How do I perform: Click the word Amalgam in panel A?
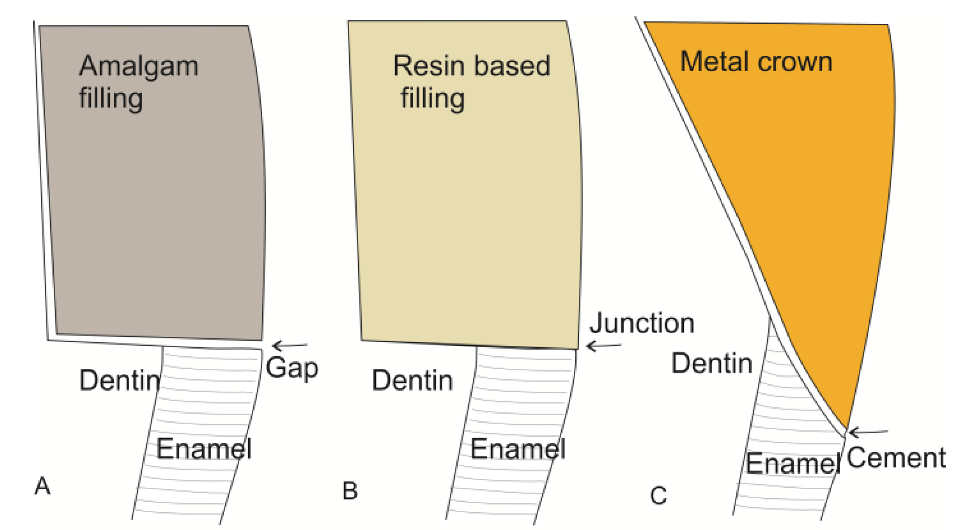pos(139,67)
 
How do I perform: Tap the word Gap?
pos(292,368)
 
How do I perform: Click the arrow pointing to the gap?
pos(290,346)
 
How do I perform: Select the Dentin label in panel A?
pos(120,380)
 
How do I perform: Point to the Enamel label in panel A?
pos(204,448)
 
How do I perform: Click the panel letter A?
pos(42,486)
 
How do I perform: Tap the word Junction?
pos(642,323)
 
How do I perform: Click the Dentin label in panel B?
pos(412,380)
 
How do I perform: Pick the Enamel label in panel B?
pos(518,448)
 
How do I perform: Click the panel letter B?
pos(350,491)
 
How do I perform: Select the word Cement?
pos(896,458)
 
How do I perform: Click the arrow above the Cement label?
pos(868,432)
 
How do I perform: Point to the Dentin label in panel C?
pos(711,363)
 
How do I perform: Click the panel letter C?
pos(658,496)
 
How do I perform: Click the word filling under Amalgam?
pos(111,99)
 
